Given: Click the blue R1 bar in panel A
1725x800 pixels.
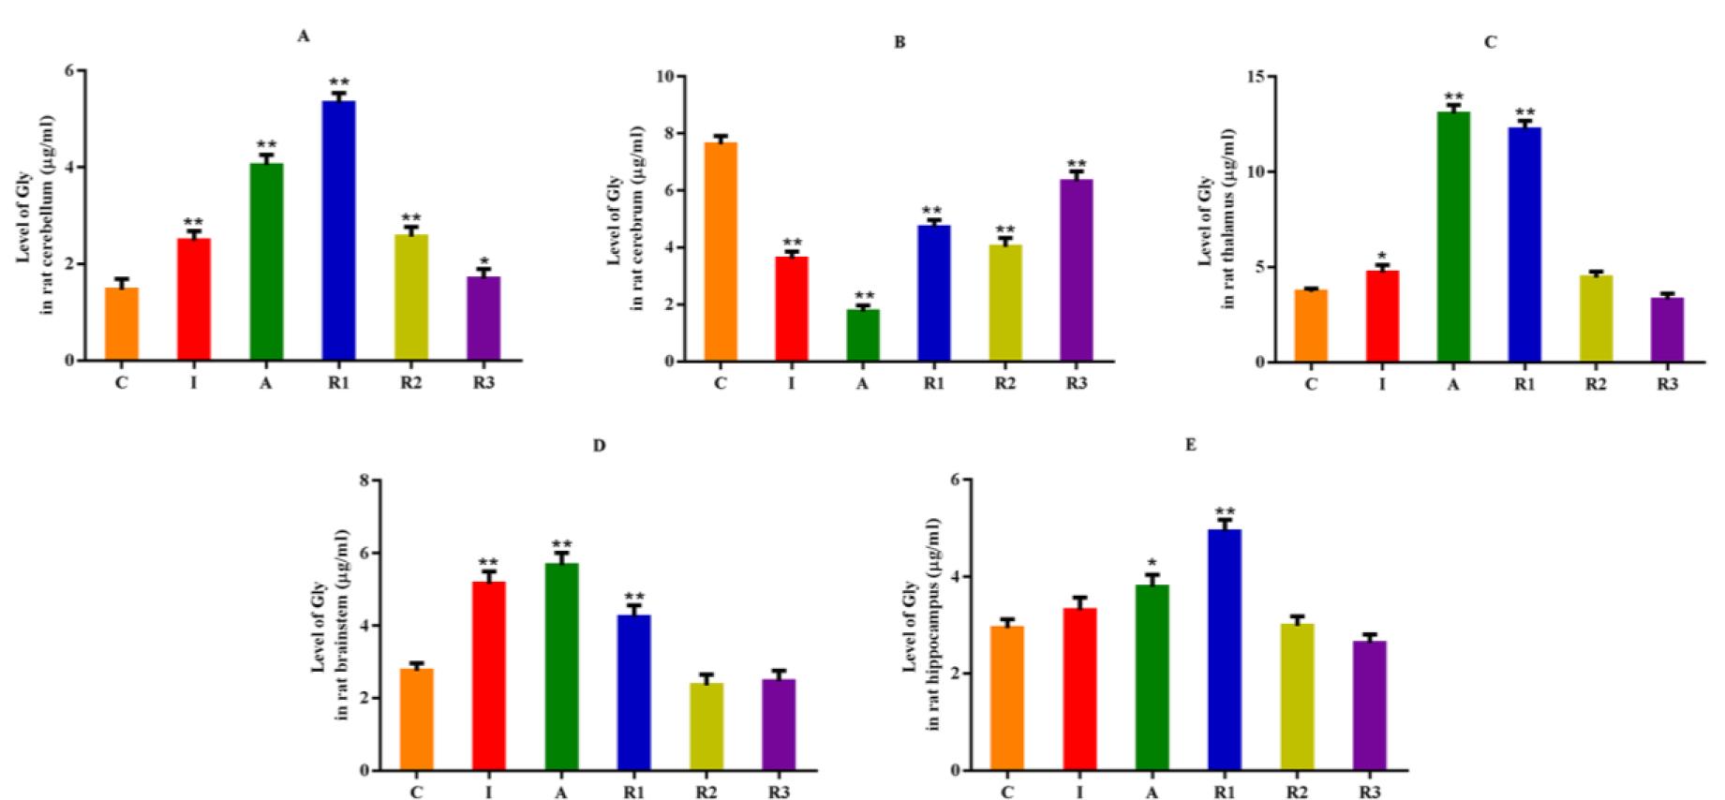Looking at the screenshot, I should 338,230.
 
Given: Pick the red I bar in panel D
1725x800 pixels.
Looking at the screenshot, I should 488,675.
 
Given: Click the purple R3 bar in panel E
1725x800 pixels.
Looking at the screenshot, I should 1369,705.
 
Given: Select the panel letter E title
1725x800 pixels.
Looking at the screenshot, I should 1191,445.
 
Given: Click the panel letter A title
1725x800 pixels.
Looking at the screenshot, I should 303,37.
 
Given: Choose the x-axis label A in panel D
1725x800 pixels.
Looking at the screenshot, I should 560,793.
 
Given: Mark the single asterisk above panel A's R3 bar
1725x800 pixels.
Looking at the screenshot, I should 483,261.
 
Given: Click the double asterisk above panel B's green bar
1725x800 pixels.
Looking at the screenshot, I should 863,295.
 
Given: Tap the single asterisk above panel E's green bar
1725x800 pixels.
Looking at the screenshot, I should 1152,563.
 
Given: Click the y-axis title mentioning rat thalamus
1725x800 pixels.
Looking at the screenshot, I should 1216,242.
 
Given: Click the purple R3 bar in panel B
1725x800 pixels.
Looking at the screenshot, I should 1077,270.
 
